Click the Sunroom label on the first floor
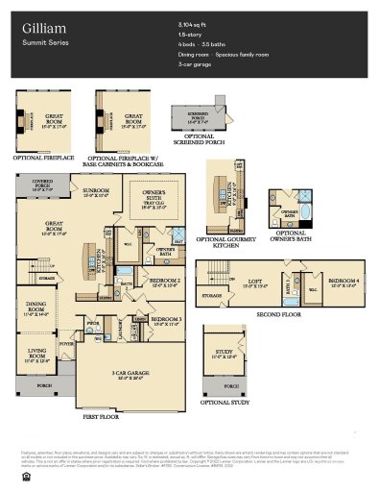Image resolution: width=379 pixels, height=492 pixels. tap(95, 191)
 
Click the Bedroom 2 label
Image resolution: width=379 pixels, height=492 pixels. tap(165, 282)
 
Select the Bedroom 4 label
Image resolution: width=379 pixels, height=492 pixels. tap(341, 281)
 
